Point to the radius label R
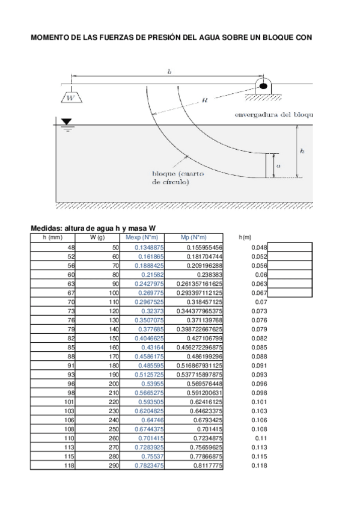[x=206, y=102]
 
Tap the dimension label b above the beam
[x=169, y=72]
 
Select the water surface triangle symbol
[x=66, y=122]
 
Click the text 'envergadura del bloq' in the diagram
[x=274, y=114]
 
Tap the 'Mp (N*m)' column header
[x=194, y=238]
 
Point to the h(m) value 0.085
[x=259, y=348]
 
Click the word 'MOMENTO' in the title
[x=49, y=37]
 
